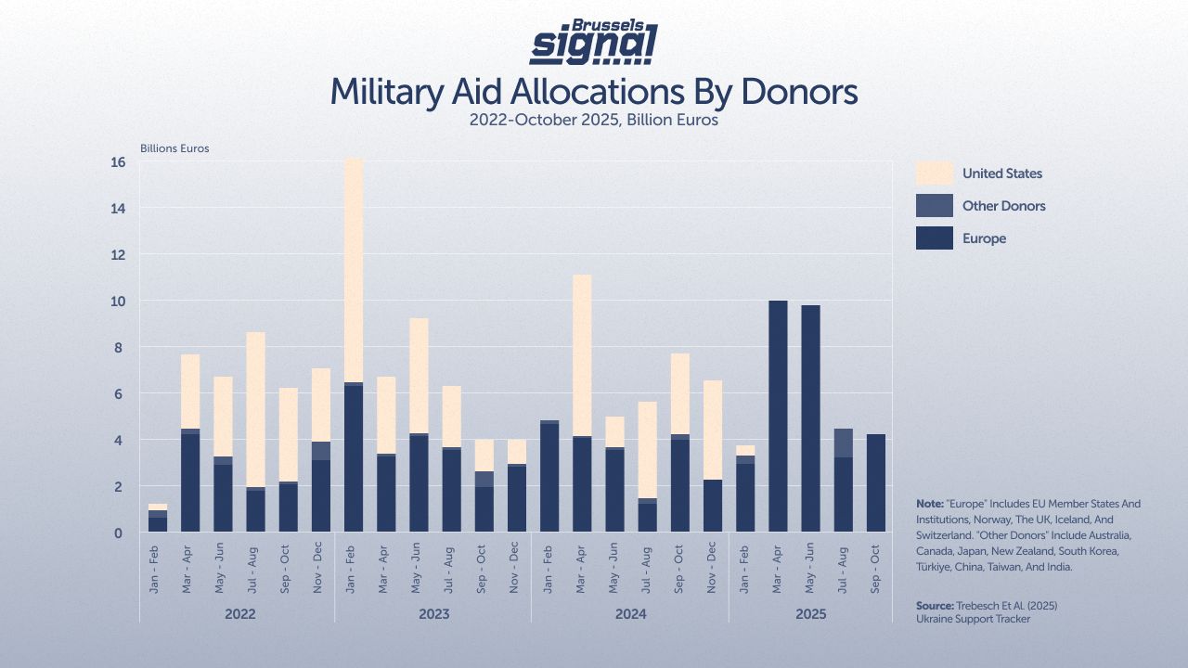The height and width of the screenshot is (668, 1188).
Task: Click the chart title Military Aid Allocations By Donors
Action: point(594,93)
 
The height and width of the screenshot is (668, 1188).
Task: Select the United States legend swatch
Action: point(934,173)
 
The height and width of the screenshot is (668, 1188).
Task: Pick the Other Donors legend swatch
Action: point(934,206)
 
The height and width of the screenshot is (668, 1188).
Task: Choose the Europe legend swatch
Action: point(934,238)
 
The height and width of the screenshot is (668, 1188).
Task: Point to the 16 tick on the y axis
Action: point(118,162)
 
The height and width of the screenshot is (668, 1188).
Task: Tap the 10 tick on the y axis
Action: point(118,302)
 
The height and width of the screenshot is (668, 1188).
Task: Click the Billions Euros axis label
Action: point(174,148)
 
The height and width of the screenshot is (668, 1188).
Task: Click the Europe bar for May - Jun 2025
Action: point(810,418)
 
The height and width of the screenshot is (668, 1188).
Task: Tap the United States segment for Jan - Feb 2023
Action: point(354,269)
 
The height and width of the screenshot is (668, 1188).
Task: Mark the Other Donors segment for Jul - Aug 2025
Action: point(843,443)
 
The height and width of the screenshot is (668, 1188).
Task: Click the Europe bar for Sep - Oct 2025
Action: point(875,482)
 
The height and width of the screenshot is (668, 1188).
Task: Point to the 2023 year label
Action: point(433,614)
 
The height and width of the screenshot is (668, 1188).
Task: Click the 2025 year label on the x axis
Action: point(810,614)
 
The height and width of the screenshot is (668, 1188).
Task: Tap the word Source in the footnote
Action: point(934,606)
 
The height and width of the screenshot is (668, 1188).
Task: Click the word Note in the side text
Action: point(930,504)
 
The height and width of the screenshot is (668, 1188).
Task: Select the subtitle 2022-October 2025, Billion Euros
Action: point(594,120)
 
